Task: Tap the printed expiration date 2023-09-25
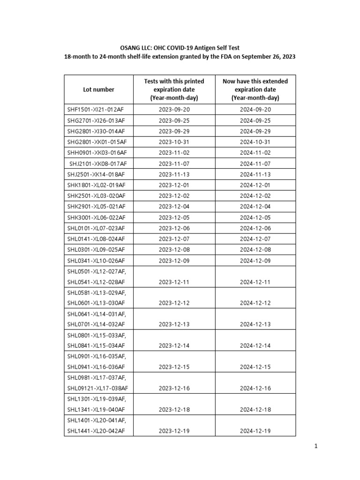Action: [174, 120]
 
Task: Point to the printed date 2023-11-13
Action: [174, 174]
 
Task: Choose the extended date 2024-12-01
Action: [255, 185]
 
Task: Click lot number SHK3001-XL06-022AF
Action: [97, 217]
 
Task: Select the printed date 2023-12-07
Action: [174, 239]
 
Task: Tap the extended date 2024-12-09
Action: [255, 261]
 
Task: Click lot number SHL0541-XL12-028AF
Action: [97, 282]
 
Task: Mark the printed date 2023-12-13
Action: [174, 324]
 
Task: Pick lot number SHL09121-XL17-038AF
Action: [98, 388]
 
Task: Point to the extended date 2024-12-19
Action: [255, 431]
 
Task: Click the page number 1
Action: [316, 447]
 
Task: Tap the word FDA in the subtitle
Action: [232, 57]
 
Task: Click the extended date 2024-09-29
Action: [255, 131]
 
